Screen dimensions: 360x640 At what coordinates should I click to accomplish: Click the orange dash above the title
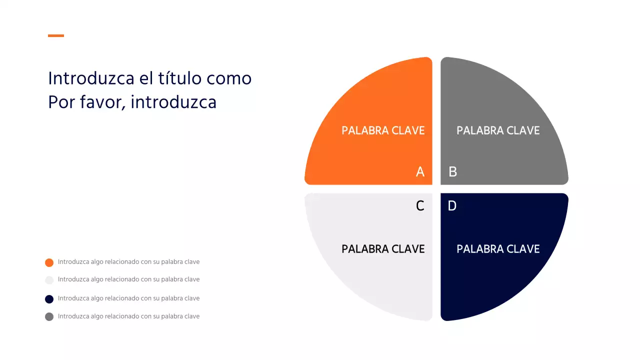tap(56, 35)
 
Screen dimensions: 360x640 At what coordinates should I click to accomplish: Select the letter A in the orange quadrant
tap(420, 172)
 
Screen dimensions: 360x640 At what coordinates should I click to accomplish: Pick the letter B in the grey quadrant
tap(453, 172)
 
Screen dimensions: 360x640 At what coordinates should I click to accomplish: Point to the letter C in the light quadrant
tap(420, 205)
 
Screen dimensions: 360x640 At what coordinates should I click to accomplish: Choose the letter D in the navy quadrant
tap(452, 205)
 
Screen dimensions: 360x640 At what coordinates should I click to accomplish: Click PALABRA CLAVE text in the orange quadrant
tap(383, 130)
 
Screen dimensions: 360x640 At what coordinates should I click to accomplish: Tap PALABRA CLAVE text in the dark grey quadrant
tap(498, 130)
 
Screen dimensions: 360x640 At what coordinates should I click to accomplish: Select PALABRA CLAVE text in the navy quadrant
tap(498, 249)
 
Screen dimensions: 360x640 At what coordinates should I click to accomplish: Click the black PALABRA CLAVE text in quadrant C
tap(383, 249)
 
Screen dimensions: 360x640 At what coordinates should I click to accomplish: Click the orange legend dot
tap(49, 262)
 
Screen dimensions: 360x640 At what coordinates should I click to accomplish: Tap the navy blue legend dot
tap(49, 299)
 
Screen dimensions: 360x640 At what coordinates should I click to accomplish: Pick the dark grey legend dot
tap(49, 316)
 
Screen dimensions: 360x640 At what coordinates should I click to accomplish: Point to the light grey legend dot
tap(49, 280)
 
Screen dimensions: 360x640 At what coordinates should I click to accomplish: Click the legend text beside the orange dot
tap(128, 262)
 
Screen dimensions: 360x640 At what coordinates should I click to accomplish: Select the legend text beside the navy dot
tap(128, 298)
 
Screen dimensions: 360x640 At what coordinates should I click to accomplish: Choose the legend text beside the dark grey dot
tap(128, 316)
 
